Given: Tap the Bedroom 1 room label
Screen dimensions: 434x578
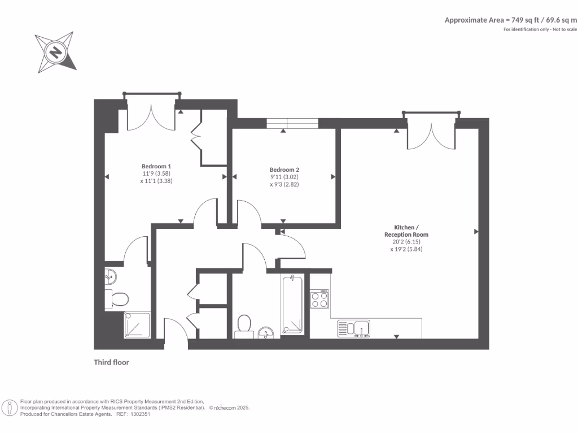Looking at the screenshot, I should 156,166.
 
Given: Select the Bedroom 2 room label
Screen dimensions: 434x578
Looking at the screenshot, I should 284,170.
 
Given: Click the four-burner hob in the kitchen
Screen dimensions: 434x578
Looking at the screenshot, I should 319,299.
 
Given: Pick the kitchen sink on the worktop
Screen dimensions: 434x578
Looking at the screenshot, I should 353,328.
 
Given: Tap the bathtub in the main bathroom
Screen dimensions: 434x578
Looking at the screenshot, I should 292,305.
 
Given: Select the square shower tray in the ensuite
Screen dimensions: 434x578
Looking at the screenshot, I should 137,325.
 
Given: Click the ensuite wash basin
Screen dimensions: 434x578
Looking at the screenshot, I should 111,277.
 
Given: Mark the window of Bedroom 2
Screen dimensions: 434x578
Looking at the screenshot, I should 292,123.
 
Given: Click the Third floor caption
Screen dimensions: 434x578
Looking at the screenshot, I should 111,362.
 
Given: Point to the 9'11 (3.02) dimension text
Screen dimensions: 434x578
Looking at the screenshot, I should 284,177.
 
